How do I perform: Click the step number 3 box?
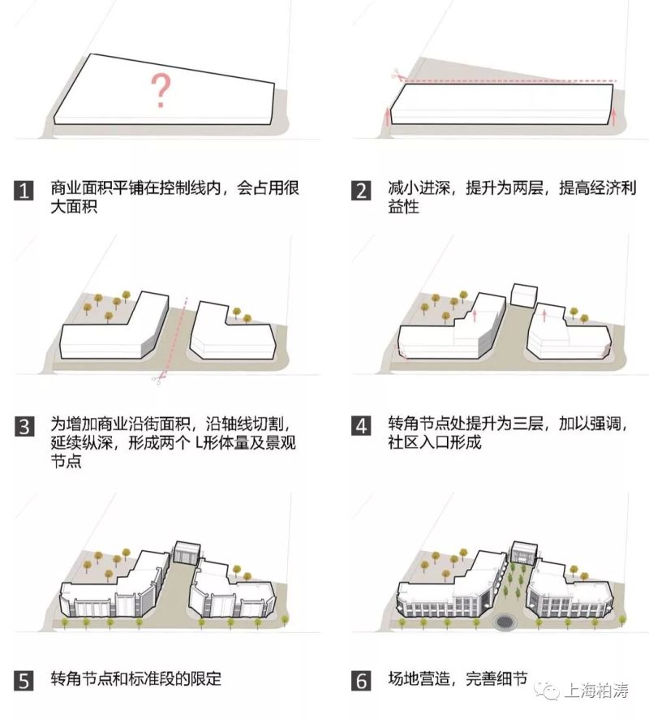click(24, 425)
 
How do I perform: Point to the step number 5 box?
click(24, 680)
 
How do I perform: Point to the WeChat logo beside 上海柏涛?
click(552, 689)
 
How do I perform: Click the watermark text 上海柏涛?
click(600, 689)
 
